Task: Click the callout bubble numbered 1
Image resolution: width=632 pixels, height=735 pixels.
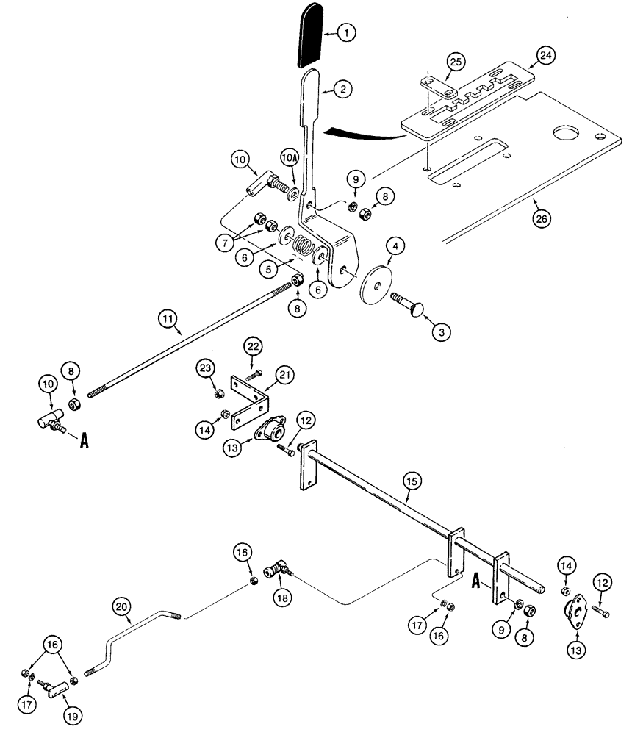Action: (x=346, y=33)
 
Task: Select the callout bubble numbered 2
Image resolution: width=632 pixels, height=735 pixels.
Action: (x=342, y=89)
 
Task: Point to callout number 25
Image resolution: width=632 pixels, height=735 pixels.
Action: (x=456, y=62)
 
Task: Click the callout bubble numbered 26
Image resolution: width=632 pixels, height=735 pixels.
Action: (x=542, y=218)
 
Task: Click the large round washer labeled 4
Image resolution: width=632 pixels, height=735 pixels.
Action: (x=376, y=282)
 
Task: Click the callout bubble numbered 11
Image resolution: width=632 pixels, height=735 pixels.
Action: (x=168, y=319)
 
